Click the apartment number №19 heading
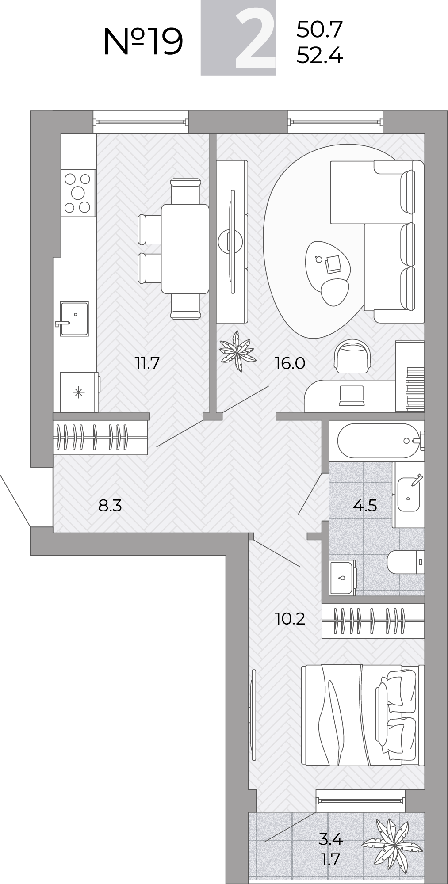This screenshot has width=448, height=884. click(x=143, y=41)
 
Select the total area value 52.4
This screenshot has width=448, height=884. click(x=319, y=56)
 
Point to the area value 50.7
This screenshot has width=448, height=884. click(x=319, y=30)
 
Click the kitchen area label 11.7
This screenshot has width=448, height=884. click(x=147, y=363)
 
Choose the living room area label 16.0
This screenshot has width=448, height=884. click(x=290, y=363)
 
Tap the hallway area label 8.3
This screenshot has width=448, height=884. click(x=110, y=505)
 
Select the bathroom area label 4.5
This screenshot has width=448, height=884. click(x=365, y=505)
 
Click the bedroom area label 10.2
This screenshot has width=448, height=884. click(x=290, y=619)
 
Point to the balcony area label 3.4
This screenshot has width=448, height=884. click(x=331, y=838)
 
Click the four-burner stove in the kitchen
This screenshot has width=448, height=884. click(x=78, y=193)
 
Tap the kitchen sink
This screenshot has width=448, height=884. click(x=74, y=319)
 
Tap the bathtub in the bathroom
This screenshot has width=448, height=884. click(x=379, y=441)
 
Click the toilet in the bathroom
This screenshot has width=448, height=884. click(x=406, y=562)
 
